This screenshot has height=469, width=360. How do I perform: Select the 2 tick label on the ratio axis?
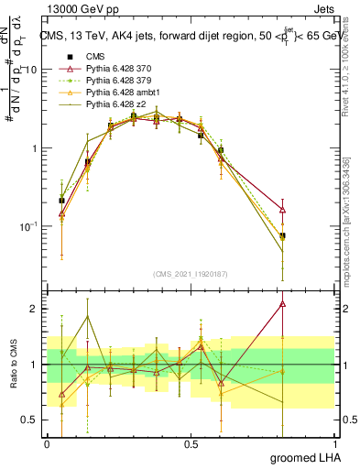(33, 309)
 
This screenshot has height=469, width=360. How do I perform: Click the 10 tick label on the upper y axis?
(29, 70)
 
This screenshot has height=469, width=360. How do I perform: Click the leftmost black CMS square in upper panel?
(61, 200)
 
